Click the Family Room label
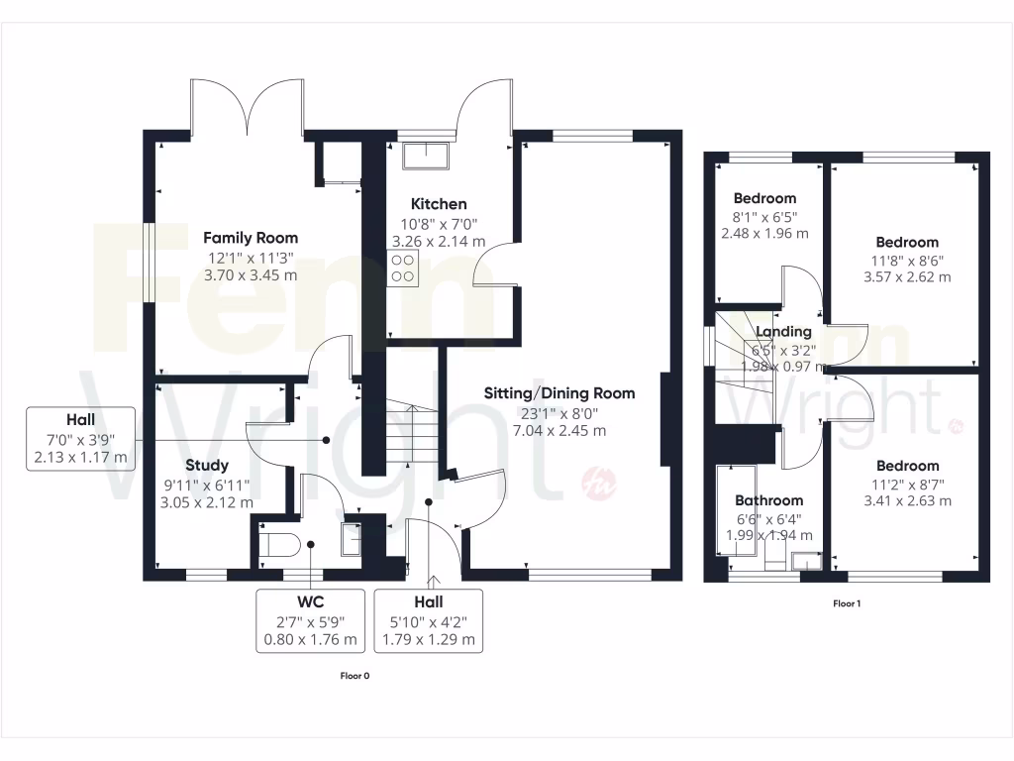point(251,238)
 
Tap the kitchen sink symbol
point(427,155)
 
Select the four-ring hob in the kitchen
point(403,268)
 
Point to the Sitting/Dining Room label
point(558,393)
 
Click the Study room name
point(207,465)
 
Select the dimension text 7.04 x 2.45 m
point(558,431)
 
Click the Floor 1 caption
point(846,602)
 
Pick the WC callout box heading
point(311,601)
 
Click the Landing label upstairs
point(783,332)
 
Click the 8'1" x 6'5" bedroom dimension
point(764,217)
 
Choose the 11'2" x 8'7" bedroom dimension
point(906,484)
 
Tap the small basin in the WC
point(350,541)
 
